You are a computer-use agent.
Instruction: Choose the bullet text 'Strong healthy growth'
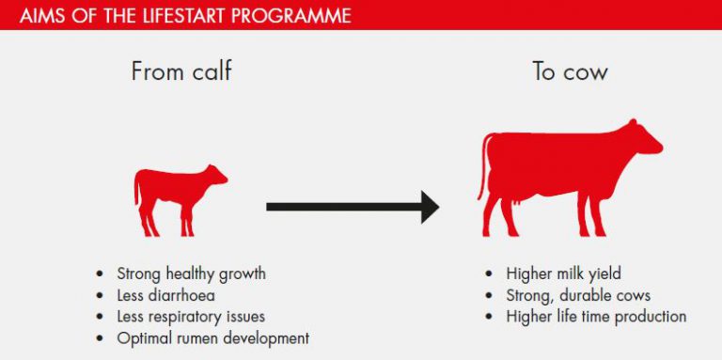191,274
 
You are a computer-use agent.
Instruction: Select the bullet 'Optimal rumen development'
212,338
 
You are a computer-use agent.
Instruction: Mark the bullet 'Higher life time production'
596,317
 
